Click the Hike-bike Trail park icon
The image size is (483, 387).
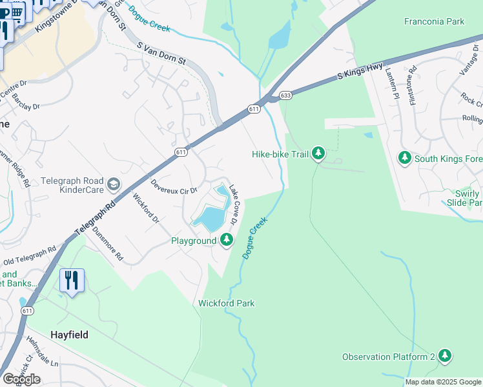pyautogui.click(x=318, y=154)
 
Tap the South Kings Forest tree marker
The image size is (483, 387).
pyautogui.click(x=405, y=158)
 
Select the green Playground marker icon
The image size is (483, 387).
pyautogui.click(x=226, y=241)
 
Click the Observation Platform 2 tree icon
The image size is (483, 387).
pyautogui.click(x=444, y=356)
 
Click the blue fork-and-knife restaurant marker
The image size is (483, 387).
pyautogui.click(x=72, y=281)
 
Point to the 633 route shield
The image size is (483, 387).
pyautogui.click(x=285, y=96)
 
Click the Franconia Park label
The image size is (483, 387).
pyautogui.click(x=434, y=21)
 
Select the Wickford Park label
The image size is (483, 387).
pyautogui.click(x=226, y=303)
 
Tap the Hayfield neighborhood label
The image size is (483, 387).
pyautogui.click(x=69, y=335)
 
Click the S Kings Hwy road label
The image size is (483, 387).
pyautogui.click(x=360, y=72)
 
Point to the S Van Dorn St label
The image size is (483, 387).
pyautogui.click(x=162, y=54)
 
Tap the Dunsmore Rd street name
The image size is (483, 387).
pyautogui.click(x=107, y=242)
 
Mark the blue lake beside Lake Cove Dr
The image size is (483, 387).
pyautogui.click(x=211, y=217)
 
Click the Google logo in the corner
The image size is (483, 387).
pyautogui.click(x=21, y=379)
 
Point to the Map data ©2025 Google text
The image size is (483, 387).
pyautogui.click(x=442, y=382)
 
